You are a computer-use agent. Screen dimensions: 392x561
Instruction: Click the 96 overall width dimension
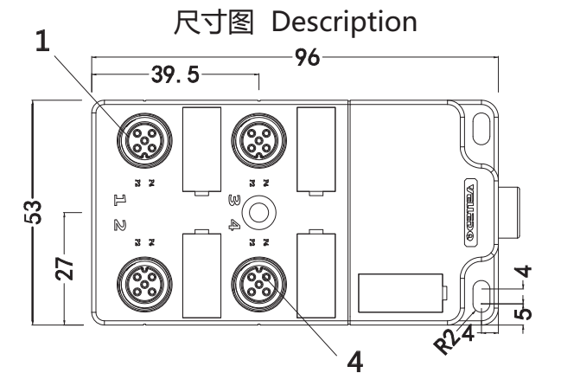[x=307, y=59]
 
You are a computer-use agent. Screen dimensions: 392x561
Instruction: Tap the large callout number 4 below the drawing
[x=354, y=359]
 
